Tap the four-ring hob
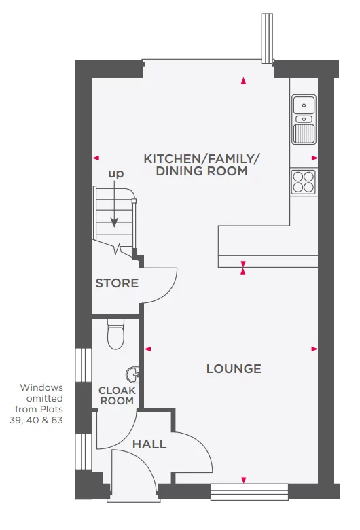click(x=303, y=181)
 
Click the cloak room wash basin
click(x=134, y=374)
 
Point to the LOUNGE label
click(x=233, y=369)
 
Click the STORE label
click(x=117, y=283)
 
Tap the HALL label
click(x=149, y=444)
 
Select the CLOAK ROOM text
click(x=117, y=395)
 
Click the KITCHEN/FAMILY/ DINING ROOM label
click(x=202, y=165)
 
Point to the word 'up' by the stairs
click(x=116, y=174)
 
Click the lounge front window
click(x=249, y=491)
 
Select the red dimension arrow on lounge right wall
click(x=314, y=349)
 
